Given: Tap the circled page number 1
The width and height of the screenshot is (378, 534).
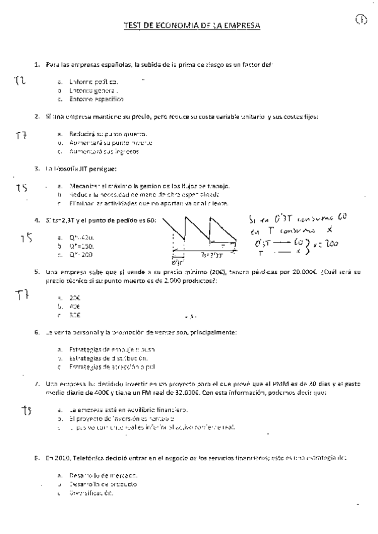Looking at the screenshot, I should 361,21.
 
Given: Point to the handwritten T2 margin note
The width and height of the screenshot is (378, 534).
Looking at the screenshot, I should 19,81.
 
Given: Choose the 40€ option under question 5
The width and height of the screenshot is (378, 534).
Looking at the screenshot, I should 75,306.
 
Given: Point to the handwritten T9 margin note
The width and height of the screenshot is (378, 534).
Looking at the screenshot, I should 26,410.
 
